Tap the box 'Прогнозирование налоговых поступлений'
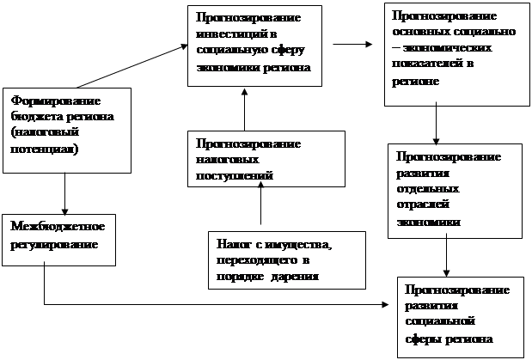click(266, 159)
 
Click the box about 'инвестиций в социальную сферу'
click(255, 44)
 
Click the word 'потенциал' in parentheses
click(41, 149)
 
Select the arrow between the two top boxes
click(352, 43)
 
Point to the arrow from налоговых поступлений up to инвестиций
click(244, 107)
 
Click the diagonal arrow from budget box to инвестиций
click(129, 66)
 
